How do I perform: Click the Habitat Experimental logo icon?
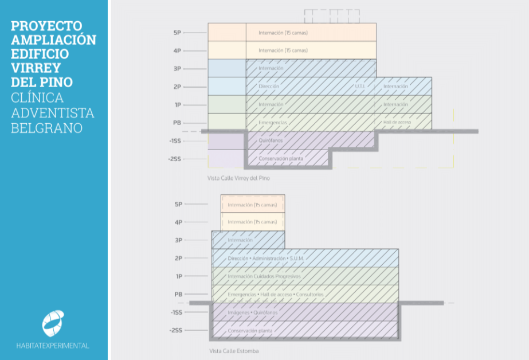click(x=53, y=323)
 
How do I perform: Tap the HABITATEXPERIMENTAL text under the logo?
click(x=53, y=346)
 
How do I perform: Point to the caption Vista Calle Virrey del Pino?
click(x=238, y=178)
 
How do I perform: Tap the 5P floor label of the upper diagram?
click(x=177, y=33)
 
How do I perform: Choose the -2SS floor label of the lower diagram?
click(x=176, y=331)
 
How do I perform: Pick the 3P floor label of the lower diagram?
click(x=178, y=240)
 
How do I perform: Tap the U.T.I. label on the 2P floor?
click(x=360, y=87)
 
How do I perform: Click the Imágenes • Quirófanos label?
click(x=252, y=312)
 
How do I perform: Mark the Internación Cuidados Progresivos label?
click(x=264, y=276)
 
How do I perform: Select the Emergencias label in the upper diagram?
click(x=273, y=123)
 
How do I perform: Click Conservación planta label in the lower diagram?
click(x=250, y=331)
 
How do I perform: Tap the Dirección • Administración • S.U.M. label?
click(x=265, y=259)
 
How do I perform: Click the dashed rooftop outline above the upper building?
click(x=332, y=16)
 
